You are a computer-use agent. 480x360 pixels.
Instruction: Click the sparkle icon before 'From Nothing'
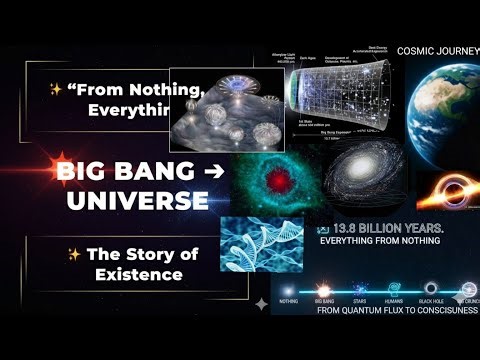click(x=56, y=90)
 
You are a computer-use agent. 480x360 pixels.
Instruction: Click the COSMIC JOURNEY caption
click(x=438, y=50)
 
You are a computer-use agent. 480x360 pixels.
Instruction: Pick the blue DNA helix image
click(x=261, y=242)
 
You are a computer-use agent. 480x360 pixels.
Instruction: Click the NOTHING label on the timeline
click(x=288, y=299)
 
